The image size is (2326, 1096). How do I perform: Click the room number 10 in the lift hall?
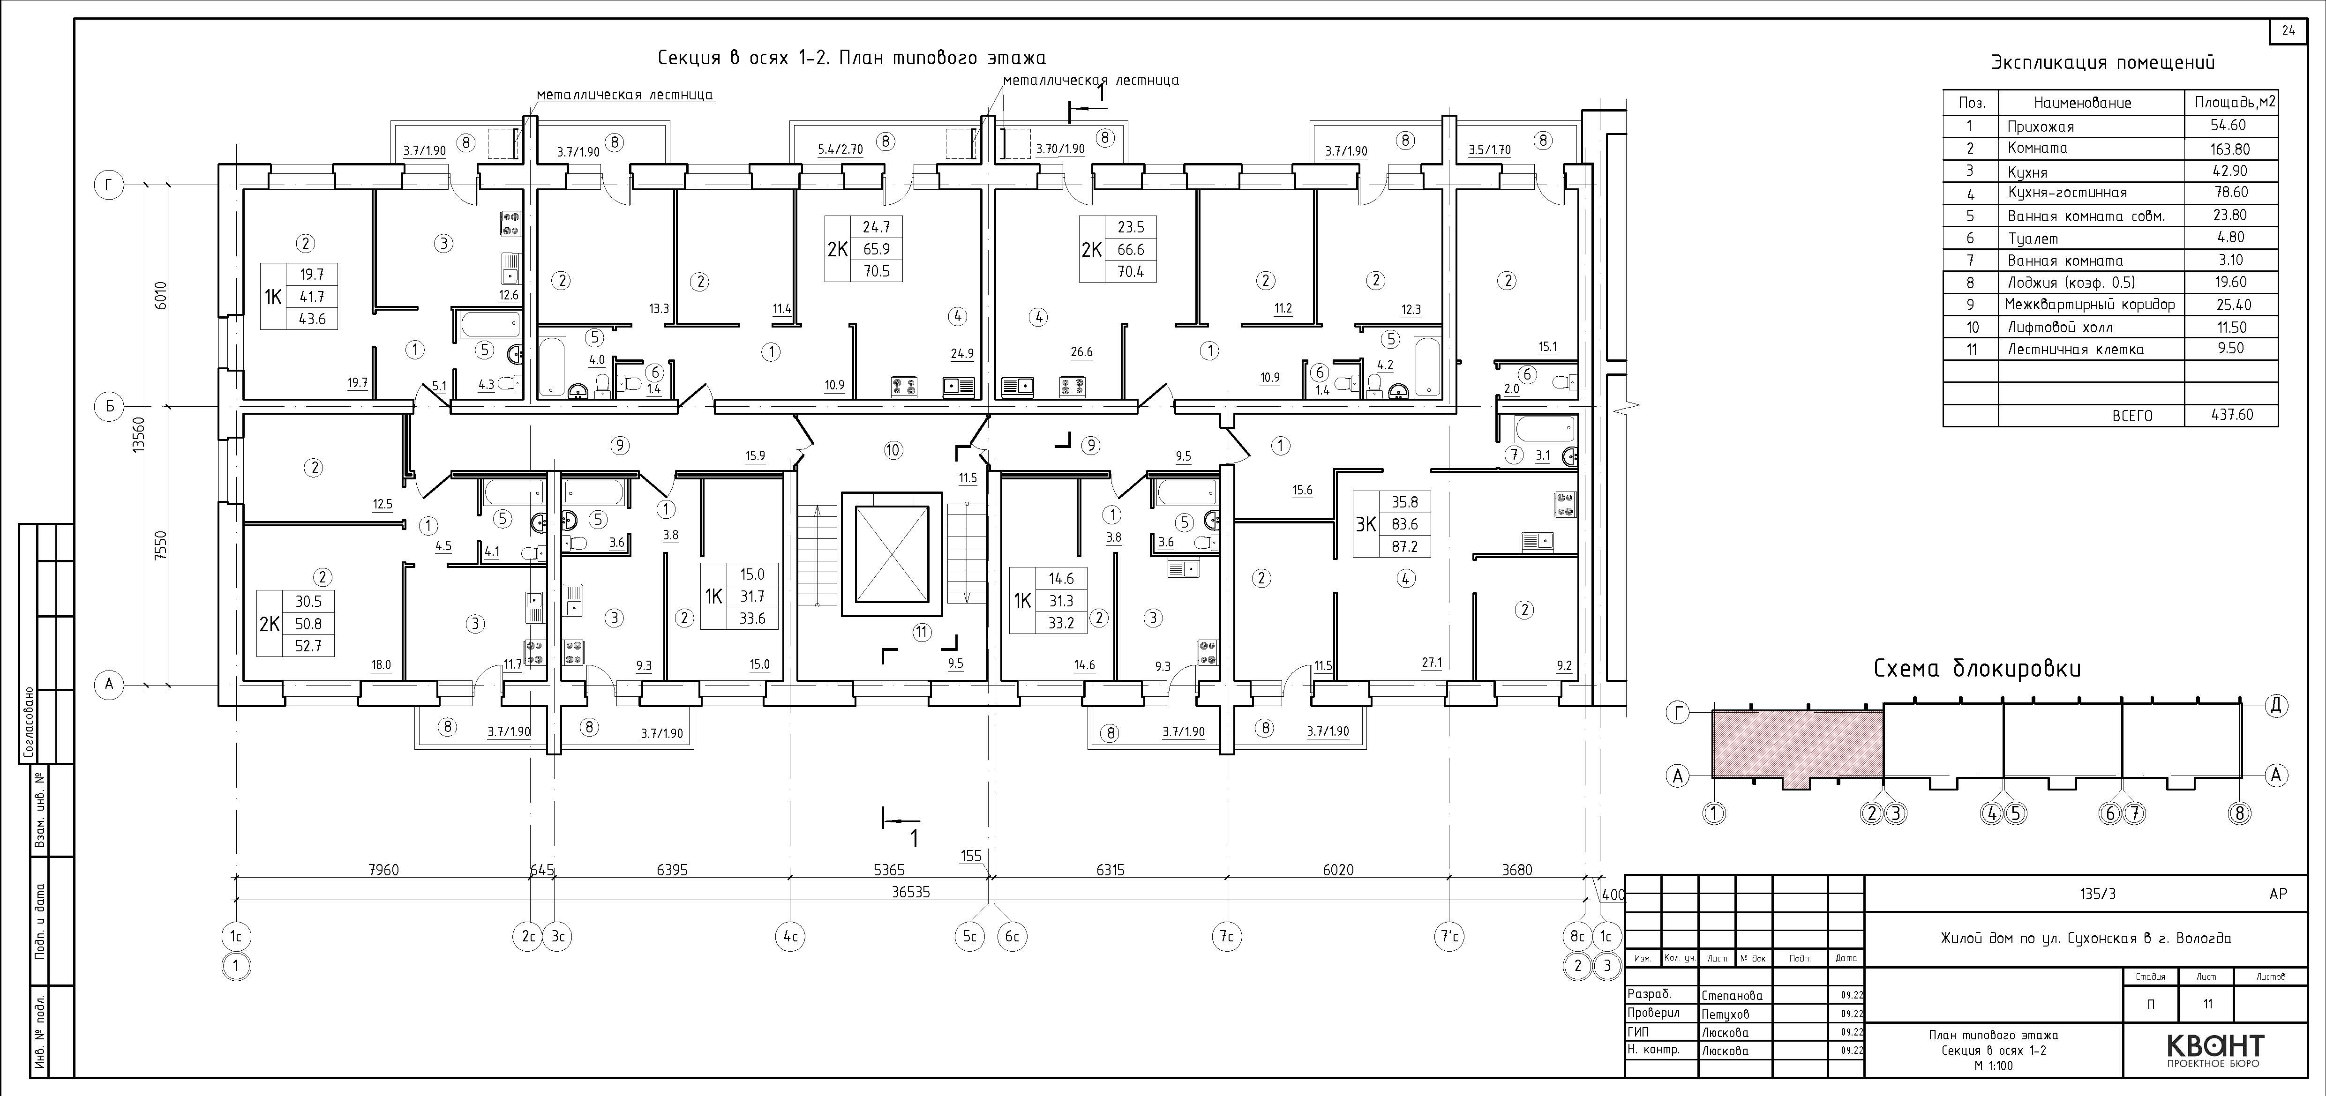click(893, 449)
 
